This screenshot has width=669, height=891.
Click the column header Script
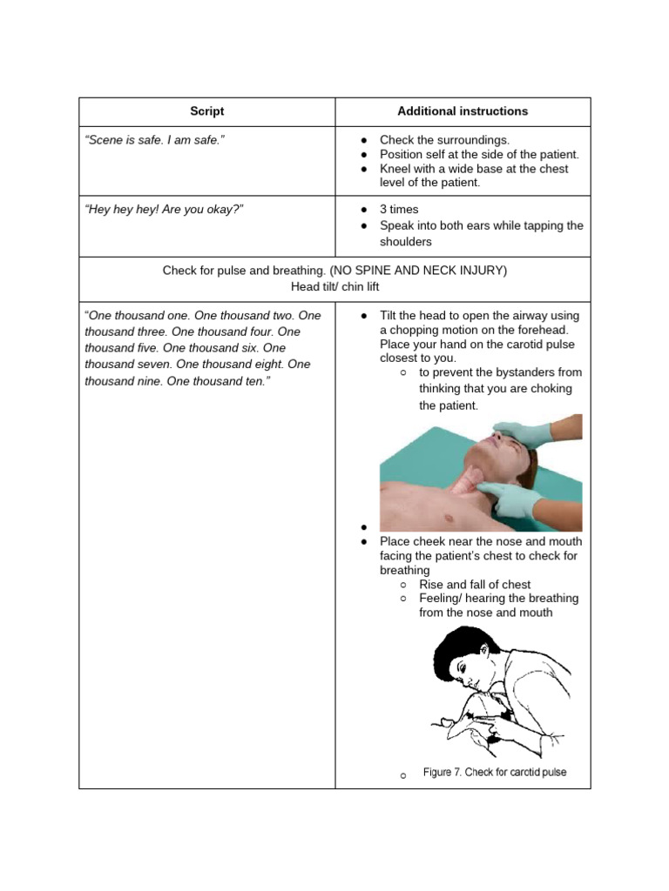pyautogui.click(x=206, y=111)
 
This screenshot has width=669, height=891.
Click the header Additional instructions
pyautogui.click(x=463, y=111)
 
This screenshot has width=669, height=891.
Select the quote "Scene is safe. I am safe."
pyautogui.click(x=155, y=140)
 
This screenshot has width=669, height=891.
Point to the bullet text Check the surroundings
pyautogui.click(x=444, y=140)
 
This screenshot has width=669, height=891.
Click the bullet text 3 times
pyautogui.click(x=399, y=210)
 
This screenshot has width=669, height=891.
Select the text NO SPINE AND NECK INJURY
pyautogui.click(x=418, y=271)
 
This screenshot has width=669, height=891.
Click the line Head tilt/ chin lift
pyautogui.click(x=334, y=286)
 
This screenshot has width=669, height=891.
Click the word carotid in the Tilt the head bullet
pyautogui.click(x=519, y=345)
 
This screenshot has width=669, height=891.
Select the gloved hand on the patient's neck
pyautogui.click(x=514, y=498)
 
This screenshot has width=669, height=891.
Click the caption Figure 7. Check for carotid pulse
pyautogui.click(x=494, y=773)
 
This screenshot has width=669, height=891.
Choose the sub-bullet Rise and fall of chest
pyautogui.click(x=475, y=585)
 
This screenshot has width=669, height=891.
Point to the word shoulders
pyautogui.click(x=406, y=242)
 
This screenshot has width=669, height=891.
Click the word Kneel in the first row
pyautogui.click(x=395, y=169)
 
